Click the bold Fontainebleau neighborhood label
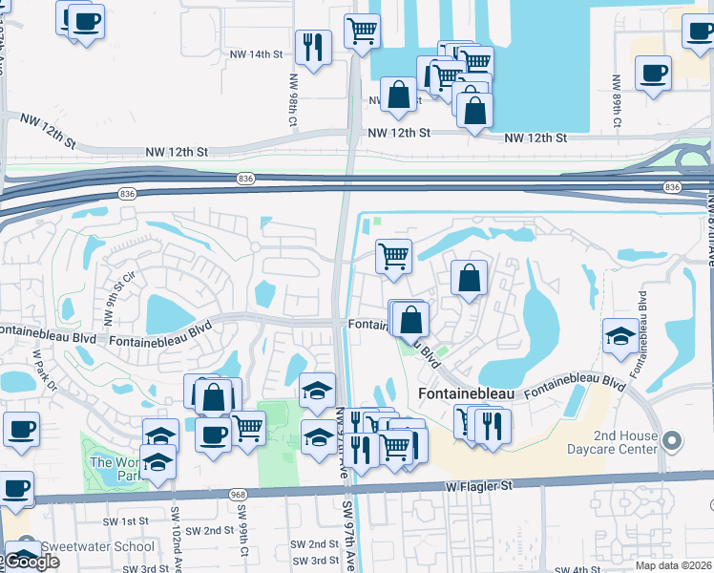467,393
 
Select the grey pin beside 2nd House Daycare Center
672,441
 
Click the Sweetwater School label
99,547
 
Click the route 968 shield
238,494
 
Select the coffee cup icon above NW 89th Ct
654,73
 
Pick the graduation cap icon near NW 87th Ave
620,334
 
